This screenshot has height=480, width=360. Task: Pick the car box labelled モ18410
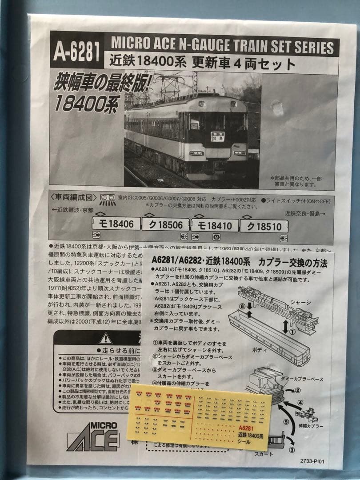coord(215,226)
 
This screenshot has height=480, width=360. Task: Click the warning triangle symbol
coord(105,339)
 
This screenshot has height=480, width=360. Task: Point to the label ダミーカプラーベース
coord(308,379)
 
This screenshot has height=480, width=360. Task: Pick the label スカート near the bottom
coord(264,454)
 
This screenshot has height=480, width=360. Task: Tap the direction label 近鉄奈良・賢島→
coord(305,213)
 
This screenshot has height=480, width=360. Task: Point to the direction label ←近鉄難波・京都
coord(72,210)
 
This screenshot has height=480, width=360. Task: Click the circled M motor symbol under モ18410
coord(216,237)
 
